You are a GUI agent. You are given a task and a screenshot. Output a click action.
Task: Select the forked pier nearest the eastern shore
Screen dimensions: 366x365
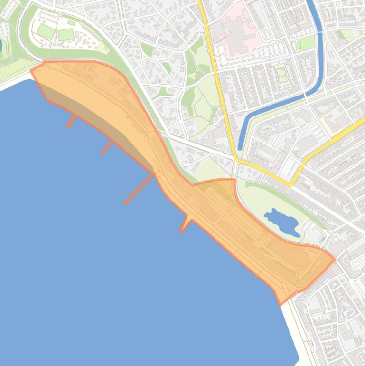pyautogui.click(x=184, y=224)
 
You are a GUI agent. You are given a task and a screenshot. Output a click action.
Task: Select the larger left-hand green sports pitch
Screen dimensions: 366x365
pyautogui.click(x=46, y=31)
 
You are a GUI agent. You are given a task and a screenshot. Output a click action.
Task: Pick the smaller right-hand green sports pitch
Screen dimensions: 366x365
pyautogui.click(x=66, y=34)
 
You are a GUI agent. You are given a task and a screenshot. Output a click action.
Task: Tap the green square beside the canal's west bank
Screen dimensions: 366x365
pyautogui.click(x=299, y=46)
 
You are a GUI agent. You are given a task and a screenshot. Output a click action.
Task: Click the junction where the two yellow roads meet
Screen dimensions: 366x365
pyautogui.click(x=236, y=160)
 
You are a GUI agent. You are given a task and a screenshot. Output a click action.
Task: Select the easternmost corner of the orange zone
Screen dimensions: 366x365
pyautogui.click(x=335, y=260)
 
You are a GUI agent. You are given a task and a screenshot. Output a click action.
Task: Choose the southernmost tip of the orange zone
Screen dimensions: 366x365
pyautogui.click(x=281, y=304)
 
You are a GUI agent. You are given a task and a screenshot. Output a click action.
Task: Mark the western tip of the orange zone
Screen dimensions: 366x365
pyautogui.click(x=32, y=71)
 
